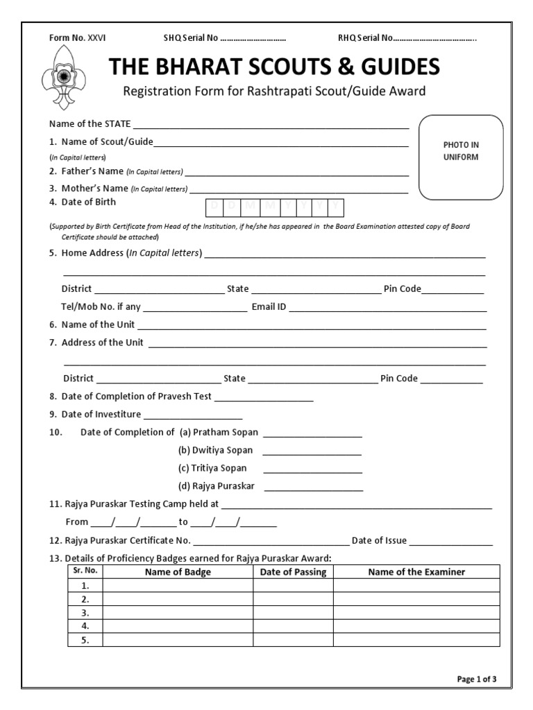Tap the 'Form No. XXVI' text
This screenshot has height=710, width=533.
[77, 37]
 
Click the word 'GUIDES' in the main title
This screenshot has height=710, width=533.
[390, 67]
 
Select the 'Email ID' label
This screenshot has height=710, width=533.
[269, 306]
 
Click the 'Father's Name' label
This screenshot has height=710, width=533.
[92, 171]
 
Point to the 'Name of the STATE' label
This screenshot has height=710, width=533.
[90, 124]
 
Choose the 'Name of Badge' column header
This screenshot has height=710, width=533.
[178, 572]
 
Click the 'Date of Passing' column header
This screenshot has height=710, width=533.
[293, 572]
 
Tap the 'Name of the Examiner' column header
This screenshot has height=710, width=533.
[416, 572]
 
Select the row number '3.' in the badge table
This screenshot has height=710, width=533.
[85, 613]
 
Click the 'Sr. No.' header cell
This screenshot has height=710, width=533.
[85, 571]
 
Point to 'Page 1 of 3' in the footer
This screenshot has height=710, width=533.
[477, 679]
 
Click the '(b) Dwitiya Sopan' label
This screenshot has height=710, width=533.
[216, 450]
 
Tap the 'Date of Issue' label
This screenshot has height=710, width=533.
[379, 541]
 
